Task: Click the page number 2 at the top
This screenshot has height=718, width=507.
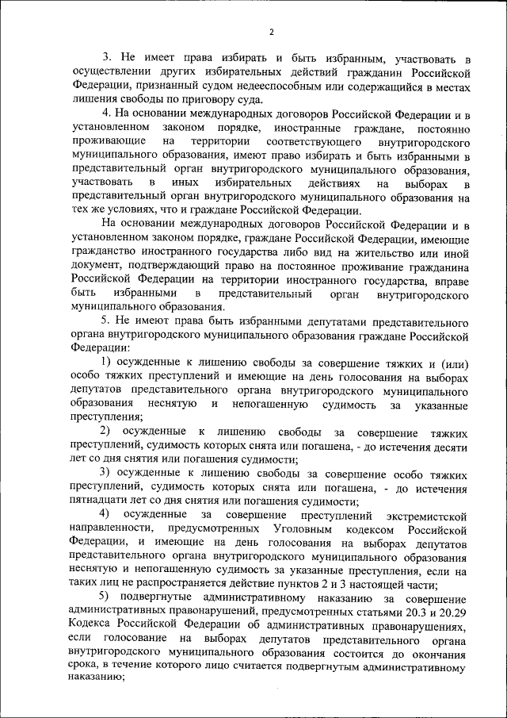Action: click(x=270, y=32)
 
